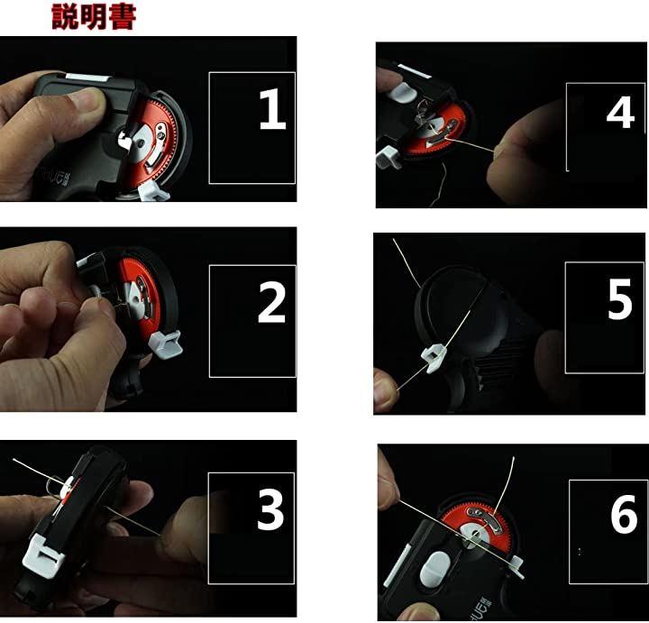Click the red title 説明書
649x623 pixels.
pos(94,16)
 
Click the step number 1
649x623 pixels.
pos(272,109)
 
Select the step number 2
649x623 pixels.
pos(272,303)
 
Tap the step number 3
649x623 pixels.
pos(270,508)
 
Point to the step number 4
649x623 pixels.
pos(620,112)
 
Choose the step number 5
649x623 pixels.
pos(619,298)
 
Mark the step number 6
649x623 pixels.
pos(624,513)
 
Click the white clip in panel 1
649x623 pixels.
pos(152,192)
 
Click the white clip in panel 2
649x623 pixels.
pos(166,344)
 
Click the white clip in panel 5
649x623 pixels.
pos(434,359)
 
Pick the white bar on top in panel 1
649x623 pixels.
pos(87,78)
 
